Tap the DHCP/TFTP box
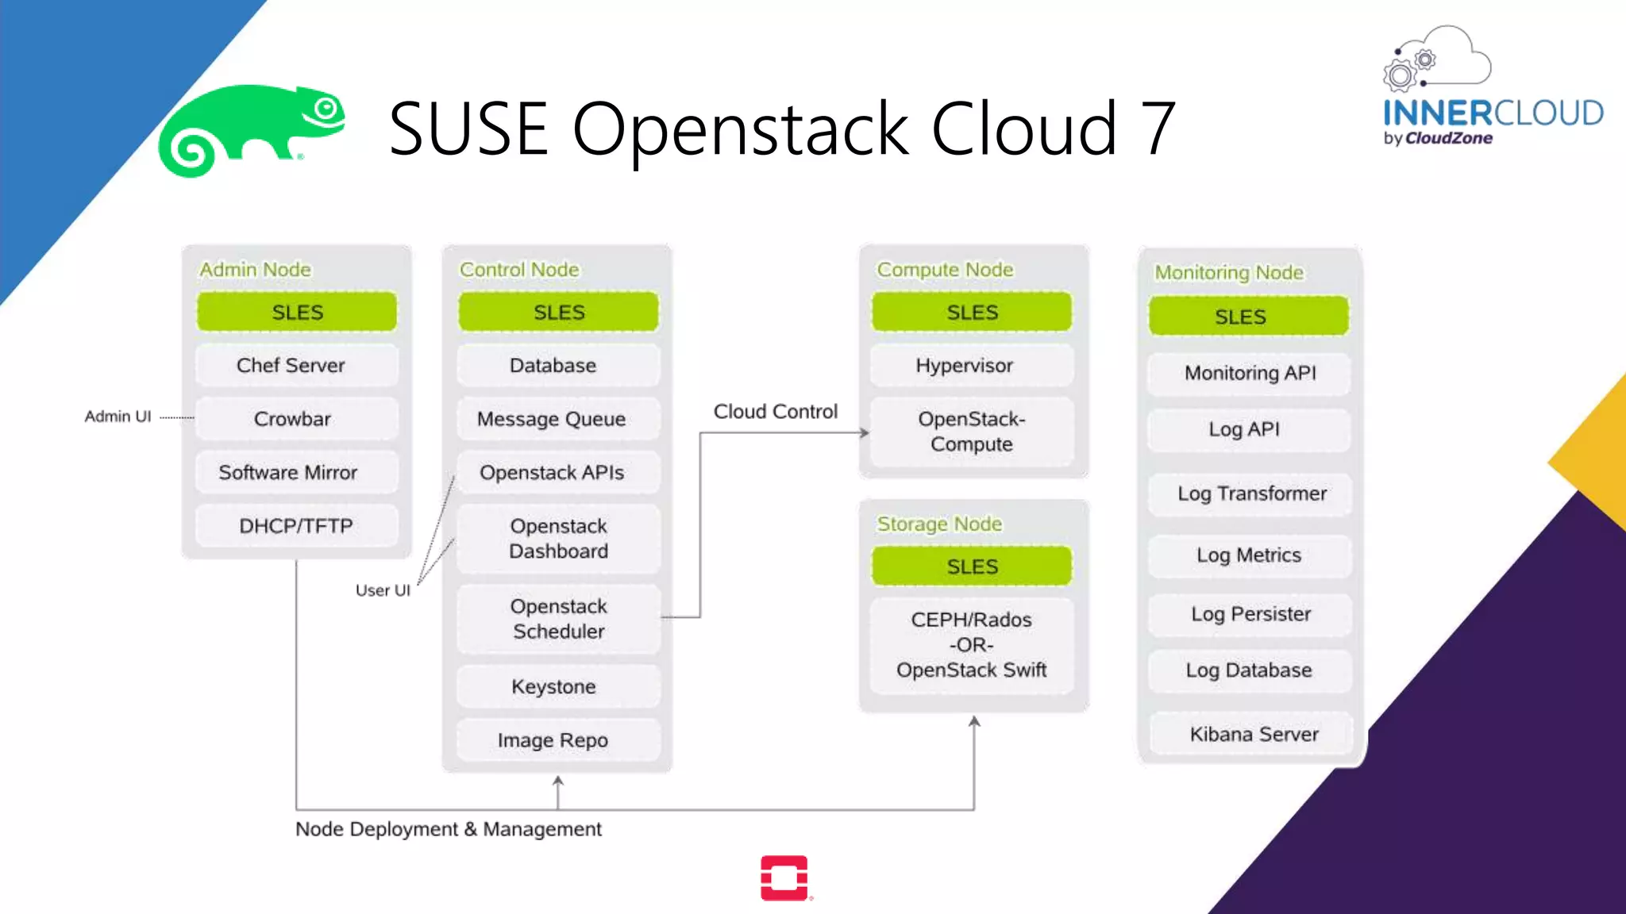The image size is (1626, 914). click(x=295, y=526)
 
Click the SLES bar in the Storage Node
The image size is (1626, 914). click(x=972, y=566)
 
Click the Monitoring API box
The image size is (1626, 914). click(x=1250, y=373)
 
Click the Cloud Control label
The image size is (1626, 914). click(x=775, y=411)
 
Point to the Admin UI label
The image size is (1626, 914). click(x=118, y=417)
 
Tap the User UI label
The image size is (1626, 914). click(x=383, y=590)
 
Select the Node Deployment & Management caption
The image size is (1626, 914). click(x=448, y=829)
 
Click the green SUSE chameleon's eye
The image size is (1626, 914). click(x=326, y=109)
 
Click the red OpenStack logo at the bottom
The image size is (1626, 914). click(x=784, y=878)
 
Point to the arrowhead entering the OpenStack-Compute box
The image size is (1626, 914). click(x=865, y=432)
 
